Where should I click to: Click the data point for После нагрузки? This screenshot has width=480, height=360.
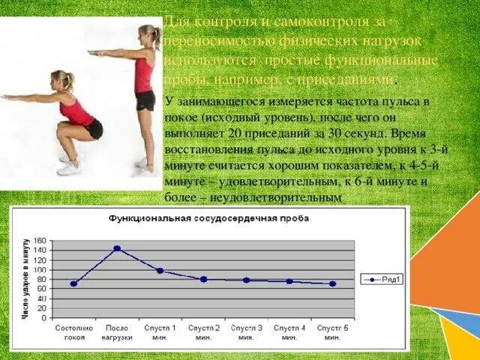pyautogui.click(x=117, y=248)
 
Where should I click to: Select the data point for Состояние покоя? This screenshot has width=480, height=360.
pyautogui.click(x=73, y=283)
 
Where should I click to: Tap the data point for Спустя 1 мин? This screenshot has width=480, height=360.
pyautogui.click(x=160, y=271)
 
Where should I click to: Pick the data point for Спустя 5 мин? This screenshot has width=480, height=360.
pyautogui.click(x=332, y=283)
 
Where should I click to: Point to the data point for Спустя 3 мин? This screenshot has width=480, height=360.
pyautogui.click(x=246, y=280)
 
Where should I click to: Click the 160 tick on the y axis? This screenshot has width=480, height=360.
pyautogui.click(x=40, y=241)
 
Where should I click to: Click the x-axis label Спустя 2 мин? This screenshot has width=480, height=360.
pyautogui.click(x=203, y=332)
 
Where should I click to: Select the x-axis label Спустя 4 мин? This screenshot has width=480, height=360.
pyautogui.click(x=289, y=332)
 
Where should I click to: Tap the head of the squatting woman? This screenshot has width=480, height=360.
pyautogui.click(x=61, y=79)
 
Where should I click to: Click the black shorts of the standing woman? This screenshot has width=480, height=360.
pyautogui.click(x=145, y=100)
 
